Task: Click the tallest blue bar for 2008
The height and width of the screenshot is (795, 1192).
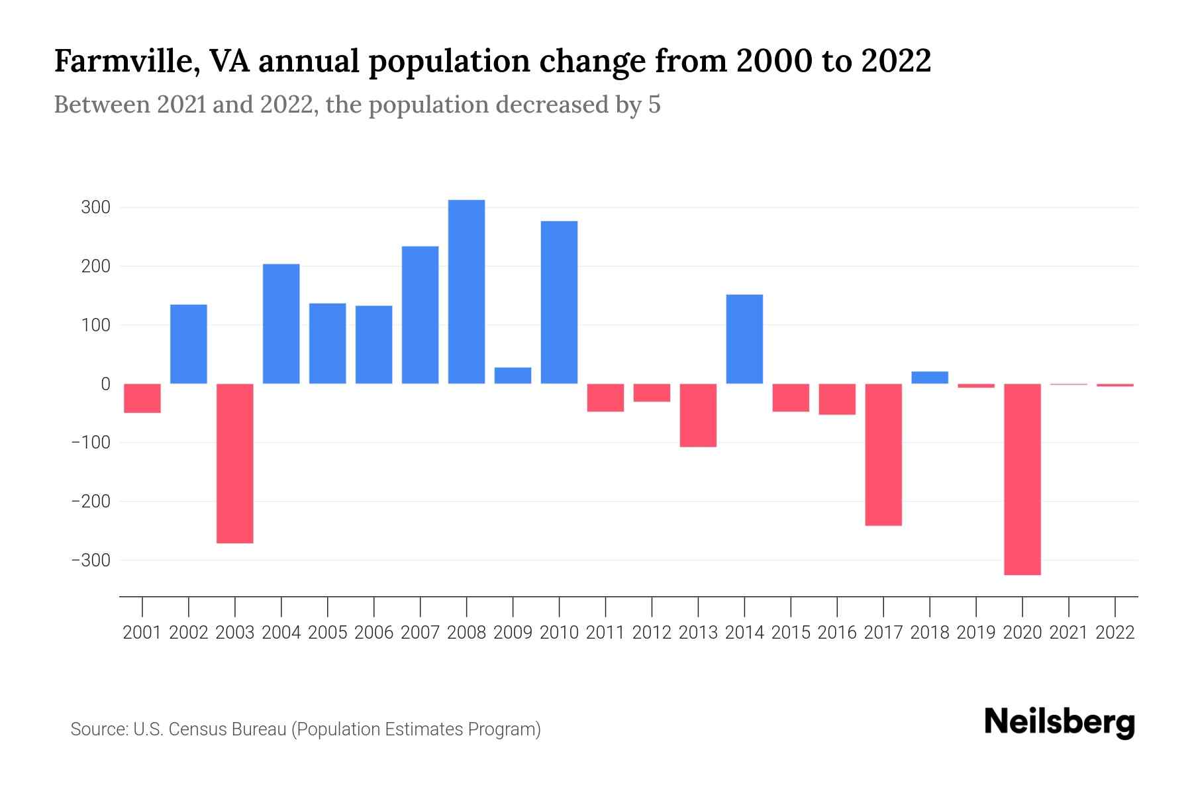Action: [x=466, y=291]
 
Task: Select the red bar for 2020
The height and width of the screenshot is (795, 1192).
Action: [x=1022, y=479]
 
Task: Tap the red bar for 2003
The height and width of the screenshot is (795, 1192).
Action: [x=235, y=463]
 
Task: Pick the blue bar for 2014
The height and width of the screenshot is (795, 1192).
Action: [x=744, y=339]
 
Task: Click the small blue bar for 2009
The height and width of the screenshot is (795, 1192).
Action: [x=513, y=376]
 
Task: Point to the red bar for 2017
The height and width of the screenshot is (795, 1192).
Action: [x=883, y=454]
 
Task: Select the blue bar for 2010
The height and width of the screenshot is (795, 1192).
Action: [x=559, y=302]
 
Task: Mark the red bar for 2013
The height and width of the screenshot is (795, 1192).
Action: [x=698, y=415]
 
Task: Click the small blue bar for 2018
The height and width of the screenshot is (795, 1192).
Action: [x=930, y=378]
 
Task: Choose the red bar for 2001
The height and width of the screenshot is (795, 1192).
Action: [x=142, y=398]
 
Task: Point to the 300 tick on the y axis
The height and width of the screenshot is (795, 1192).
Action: [x=95, y=208]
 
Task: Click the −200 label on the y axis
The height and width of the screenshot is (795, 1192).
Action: [x=91, y=502]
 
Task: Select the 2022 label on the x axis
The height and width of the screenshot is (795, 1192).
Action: [x=1115, y=633]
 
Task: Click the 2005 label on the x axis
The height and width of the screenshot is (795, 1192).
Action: [x=328, y=633]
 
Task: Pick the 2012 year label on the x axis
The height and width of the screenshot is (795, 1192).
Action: [x=652, y=633]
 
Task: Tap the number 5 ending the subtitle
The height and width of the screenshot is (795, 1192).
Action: [x=654, y=105]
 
